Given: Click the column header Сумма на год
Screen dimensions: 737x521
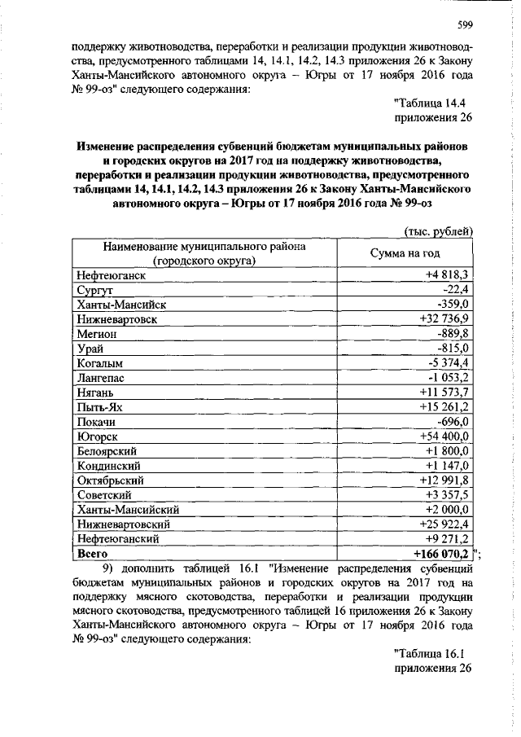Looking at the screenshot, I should point(405,253).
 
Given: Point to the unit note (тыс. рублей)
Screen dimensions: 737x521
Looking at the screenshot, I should point(439,231).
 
